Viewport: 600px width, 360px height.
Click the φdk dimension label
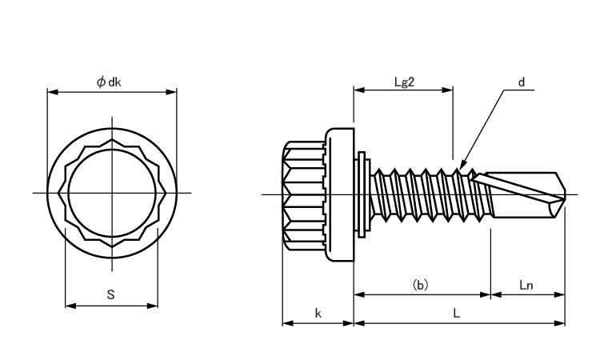pos(110,81)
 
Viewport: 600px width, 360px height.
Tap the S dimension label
pos(110,294)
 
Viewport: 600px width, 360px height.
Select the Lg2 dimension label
pos(403,81)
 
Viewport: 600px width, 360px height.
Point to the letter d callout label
pos(521,82)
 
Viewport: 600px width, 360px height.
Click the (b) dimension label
pos(420,284)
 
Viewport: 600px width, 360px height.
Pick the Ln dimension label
pos(526,284)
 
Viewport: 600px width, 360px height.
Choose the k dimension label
pos(318,314)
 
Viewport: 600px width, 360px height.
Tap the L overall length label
pos(456,314)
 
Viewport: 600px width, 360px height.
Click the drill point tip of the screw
pos(565,194)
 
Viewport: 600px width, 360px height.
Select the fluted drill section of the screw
pos(524,194)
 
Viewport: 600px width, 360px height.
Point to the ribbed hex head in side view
pos(304,194)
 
